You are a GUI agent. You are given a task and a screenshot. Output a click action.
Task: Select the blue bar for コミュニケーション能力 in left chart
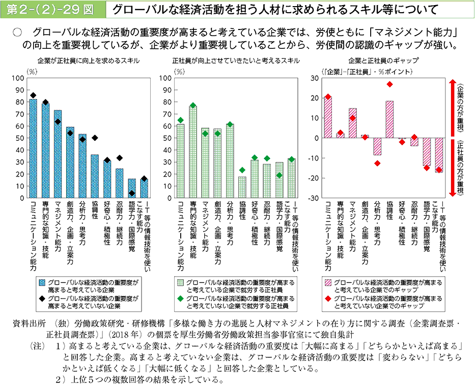click(x=33, y=148)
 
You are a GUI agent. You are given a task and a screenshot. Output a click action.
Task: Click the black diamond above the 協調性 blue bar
click(x=95, y=138)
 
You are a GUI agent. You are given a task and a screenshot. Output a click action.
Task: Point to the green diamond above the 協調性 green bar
click(x=242, y=170)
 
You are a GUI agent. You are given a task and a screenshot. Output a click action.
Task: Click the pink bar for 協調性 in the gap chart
click(x=389, y=119)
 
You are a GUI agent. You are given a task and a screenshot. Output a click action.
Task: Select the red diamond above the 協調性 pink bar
click(x=389, y=84)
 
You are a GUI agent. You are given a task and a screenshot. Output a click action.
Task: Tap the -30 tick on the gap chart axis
click(x=314, y=197)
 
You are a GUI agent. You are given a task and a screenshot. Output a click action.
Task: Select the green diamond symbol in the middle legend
click(x=180, y=299)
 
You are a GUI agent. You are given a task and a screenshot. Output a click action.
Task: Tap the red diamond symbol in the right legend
click(x=328, y=299)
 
